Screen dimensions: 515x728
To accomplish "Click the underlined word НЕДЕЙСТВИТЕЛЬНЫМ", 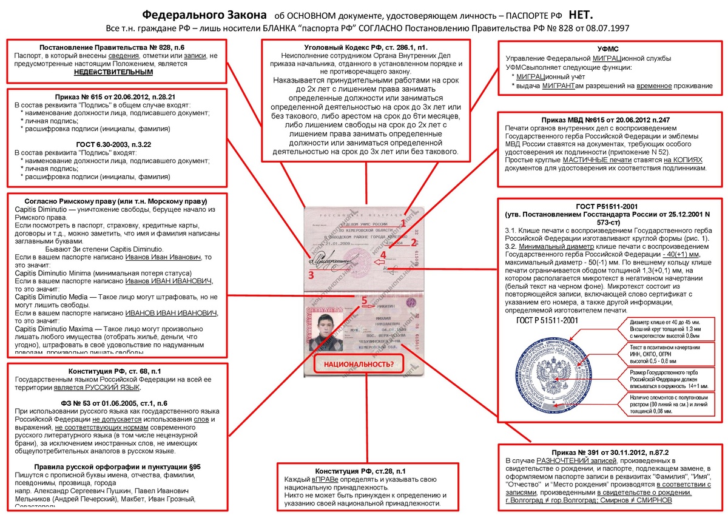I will pyautogui.click(x=113, y=72).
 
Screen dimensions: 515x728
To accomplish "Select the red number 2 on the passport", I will pyautogui.click(x=413, y=243).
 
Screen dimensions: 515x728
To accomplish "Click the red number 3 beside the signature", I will pyautogui.click(x=311, y=275).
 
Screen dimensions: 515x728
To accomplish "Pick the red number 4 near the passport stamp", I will pyautogui.click(x=383, y=255).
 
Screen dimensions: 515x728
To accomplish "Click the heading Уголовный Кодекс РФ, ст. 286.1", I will pyautogui.click(x=366, y=47).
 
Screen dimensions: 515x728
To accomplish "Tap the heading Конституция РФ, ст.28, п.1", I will pyautogui.click(x=360, y=471).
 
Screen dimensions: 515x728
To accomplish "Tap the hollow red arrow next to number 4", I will pyautogui.click(x=379, y=262).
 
